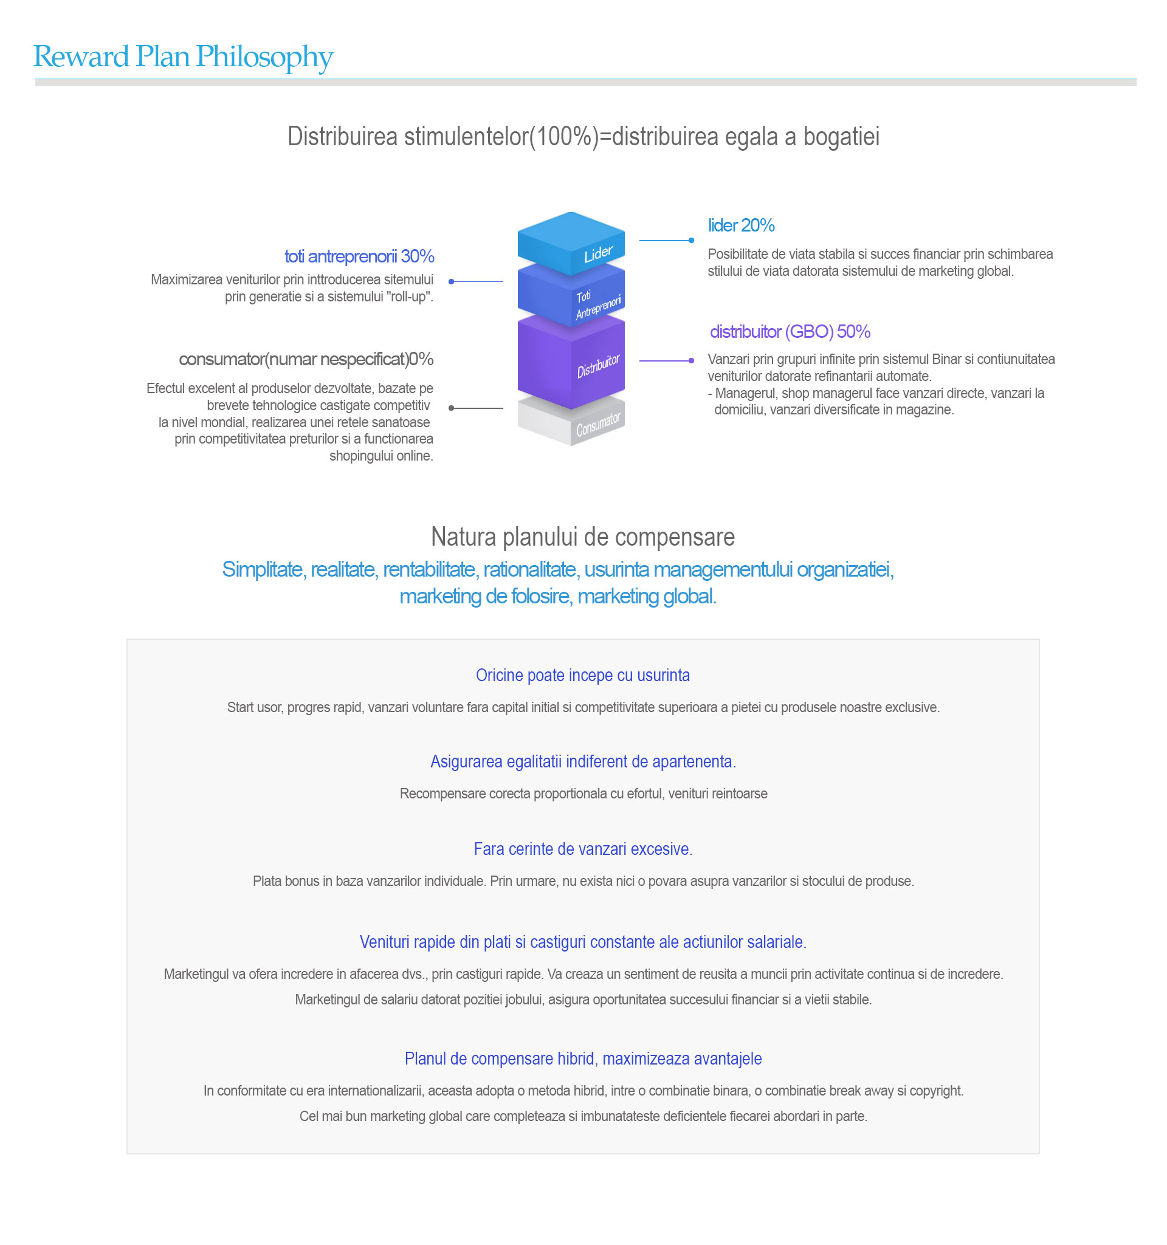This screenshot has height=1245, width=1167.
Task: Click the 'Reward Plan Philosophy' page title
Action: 183,57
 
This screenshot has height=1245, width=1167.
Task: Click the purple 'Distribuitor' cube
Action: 571,362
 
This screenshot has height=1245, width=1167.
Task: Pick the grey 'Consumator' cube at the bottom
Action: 571,422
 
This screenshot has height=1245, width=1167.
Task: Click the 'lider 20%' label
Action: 741,225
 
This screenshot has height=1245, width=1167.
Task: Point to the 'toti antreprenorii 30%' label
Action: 359,256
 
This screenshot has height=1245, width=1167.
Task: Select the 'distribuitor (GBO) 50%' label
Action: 790,332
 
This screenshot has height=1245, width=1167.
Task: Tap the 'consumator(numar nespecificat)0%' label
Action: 306,360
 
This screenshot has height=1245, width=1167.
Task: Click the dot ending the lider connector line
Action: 691,241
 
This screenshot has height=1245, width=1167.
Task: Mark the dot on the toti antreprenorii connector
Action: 451,282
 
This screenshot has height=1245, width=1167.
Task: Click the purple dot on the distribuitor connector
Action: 691,361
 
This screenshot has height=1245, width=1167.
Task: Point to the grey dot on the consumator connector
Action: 451,408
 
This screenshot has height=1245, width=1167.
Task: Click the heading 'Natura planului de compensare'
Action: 582,537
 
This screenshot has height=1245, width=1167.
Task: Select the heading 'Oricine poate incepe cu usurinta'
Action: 582,675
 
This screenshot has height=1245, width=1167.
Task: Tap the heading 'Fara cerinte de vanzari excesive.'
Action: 582,849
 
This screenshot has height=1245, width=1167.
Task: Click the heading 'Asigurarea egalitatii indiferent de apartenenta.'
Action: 582,761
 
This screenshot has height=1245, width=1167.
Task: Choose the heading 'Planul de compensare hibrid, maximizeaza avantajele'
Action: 582,1059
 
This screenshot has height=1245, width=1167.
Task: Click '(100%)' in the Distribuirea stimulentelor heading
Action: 564,137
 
